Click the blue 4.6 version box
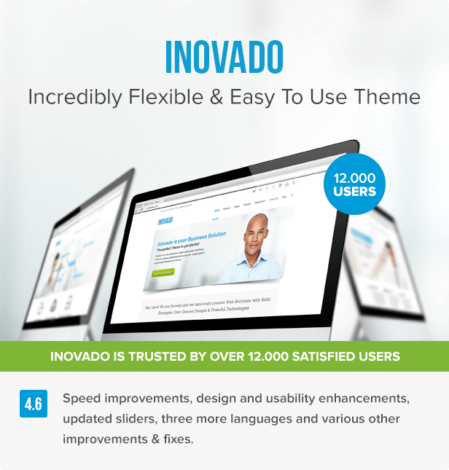pyautogui.click(x=34, y=404)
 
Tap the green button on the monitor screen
pyautogui.click(x=163, y=273)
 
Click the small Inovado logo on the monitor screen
pyautogui.click(x=165, y=219)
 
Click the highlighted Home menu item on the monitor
pyautogui.click(x=216, y=211)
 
